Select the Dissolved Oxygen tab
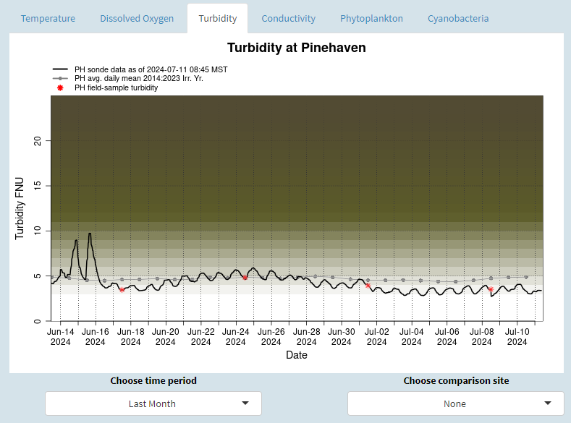click(137, 18)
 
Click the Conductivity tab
click(288, 18)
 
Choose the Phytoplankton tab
click(371, 18)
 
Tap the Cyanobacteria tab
click(457, 18)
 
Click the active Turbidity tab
click(217, 18)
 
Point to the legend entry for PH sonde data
click(151, 69)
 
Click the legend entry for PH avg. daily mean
click(138, 78)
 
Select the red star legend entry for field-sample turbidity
click(116, 87)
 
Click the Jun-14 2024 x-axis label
click(60, 337)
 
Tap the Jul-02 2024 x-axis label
click(376, 337)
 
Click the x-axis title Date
click(296, 355)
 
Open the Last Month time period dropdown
click(153, 403)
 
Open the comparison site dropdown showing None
click(455, 403)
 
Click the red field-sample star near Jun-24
click(245, 278)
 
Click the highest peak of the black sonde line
click(90, 233)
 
